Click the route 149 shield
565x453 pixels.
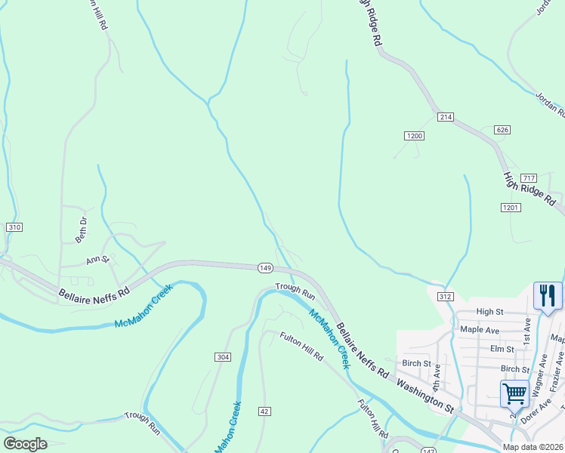click(265, 268)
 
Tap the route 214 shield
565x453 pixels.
click(445, 116)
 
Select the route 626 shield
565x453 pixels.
click(503, 130)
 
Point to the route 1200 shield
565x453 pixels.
click(414, 136)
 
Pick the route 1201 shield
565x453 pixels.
click(511, 207)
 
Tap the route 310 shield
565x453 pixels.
click(14, 227)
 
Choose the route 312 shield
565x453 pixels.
click(445, 297)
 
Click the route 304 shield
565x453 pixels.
click(222, 357)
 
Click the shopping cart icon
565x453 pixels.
click(514, 393)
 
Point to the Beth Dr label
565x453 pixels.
click(82, 230)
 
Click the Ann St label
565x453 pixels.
click(98, 260)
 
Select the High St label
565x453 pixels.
click(489, 311)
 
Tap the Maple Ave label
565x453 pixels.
click(480, 330)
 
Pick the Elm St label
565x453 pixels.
click(502, 349)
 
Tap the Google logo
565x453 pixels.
click(26, 443)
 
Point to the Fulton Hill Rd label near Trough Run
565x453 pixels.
click(301, 347)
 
